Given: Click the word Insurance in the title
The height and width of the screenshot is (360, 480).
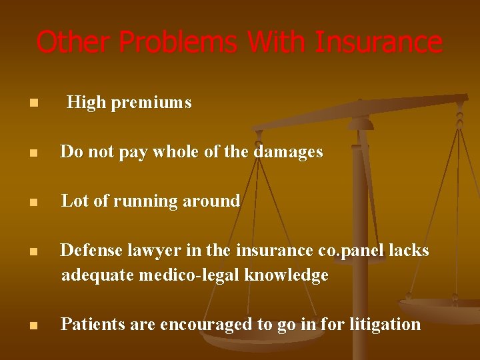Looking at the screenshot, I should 379,42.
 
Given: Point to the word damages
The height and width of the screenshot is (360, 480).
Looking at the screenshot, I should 287,152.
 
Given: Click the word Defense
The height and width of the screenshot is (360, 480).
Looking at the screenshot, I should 87,250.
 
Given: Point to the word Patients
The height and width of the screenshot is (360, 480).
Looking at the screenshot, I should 87,324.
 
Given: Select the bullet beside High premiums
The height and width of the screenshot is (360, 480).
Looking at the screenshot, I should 33,103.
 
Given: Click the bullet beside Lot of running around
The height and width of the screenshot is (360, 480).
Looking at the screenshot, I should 33,202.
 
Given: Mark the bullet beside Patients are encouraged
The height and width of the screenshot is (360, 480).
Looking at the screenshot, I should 33,325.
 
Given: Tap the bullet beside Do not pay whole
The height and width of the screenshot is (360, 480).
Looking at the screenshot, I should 33,153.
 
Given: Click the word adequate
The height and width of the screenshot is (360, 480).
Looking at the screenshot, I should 98,275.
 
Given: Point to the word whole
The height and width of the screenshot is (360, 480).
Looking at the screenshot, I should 177,152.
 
